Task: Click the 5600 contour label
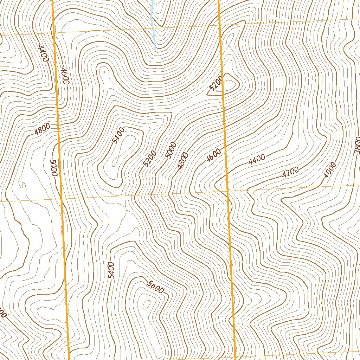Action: [156, 287]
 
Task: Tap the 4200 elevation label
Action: [290, 172]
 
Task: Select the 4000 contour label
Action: [330, 169]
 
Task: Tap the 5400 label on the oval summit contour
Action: [118, 136]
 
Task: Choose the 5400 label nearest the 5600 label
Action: [111, 270]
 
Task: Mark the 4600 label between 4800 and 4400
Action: [214, 155]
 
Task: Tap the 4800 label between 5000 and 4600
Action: [183, 161]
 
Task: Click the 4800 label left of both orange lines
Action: [43, 129]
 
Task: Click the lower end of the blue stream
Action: [155, 49]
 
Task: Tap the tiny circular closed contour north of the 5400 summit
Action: [103, 72]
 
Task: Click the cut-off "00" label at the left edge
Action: [3, 315]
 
